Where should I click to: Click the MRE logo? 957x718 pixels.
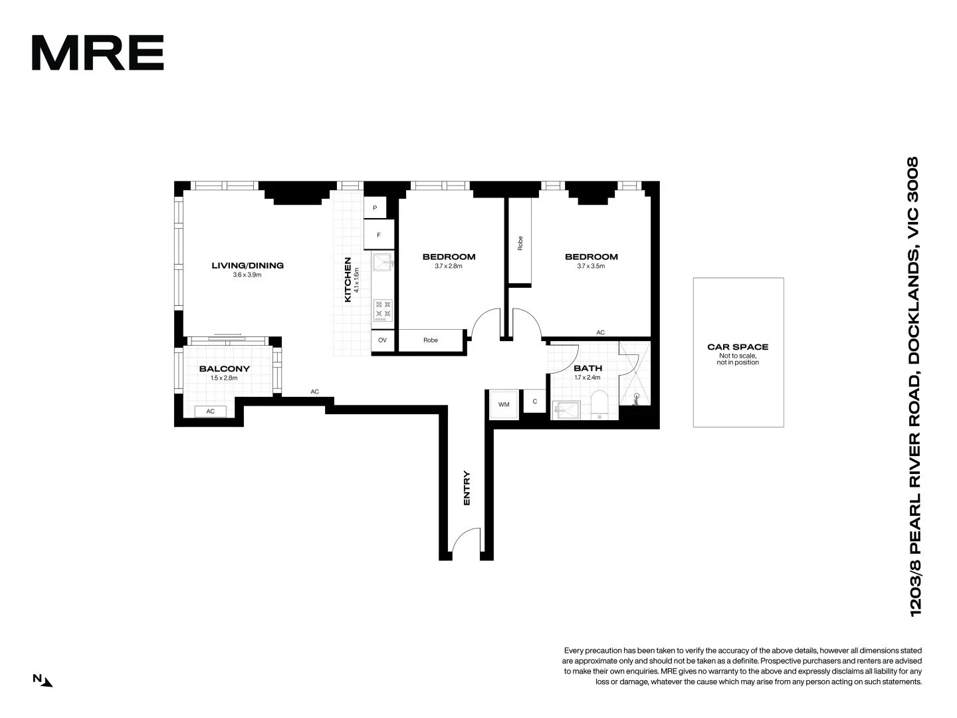click(98, 53)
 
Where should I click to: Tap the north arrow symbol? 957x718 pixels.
click(43, 679)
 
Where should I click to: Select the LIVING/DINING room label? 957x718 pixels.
click(247, 265)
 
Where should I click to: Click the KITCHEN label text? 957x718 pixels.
click(348, 280)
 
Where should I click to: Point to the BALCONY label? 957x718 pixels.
click(224, 368)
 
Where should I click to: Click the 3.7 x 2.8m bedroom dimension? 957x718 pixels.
click(449, 266)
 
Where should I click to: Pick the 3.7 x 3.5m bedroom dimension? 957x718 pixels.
click(591, 266)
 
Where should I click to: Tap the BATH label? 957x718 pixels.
click(587, 368)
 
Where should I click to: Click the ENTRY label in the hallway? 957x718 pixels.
click(467, 489)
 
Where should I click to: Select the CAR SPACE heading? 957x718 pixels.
click(738, 346)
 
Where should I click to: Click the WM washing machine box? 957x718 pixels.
click(503, 404)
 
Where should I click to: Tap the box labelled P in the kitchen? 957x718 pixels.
click(375, 208)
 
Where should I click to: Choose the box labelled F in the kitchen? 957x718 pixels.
click(379, 235)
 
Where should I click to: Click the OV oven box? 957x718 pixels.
click(382, 340)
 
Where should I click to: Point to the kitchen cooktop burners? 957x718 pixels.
click(383, 310)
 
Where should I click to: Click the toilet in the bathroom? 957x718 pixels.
click(599, 406)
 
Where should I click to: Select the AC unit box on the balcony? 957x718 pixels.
click(210, 411)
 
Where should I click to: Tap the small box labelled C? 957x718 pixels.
click(534, 402)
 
